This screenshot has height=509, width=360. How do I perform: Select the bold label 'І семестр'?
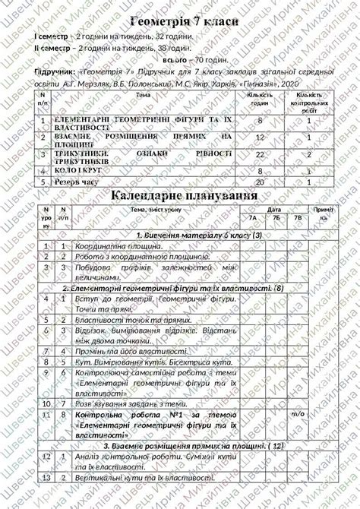click(50, 36)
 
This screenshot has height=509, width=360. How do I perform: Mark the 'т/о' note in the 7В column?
click(298, 415)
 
